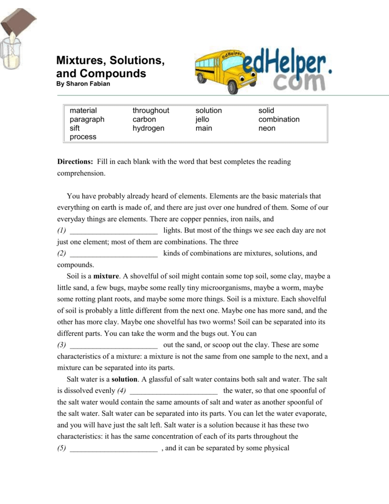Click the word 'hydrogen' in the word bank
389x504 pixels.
coord(148,128)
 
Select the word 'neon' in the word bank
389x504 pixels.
coord(267,128)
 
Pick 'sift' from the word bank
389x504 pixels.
coord(74,128)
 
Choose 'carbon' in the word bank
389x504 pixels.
coord(144,120)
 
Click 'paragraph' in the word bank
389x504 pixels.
coord(87,120)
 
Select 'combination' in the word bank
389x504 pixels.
coord(279,120)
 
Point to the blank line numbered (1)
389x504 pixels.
coord(114,231)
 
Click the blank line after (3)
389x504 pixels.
coord(114,345)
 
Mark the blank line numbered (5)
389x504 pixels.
coord(114,448)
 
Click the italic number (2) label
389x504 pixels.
coord(61,253)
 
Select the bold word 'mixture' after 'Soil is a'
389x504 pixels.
coord(107,276)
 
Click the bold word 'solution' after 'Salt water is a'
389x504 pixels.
coord(125,379)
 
